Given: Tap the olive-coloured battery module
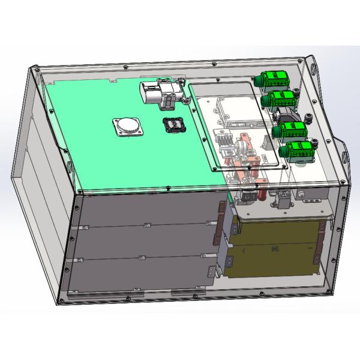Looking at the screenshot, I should click(273, 249).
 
